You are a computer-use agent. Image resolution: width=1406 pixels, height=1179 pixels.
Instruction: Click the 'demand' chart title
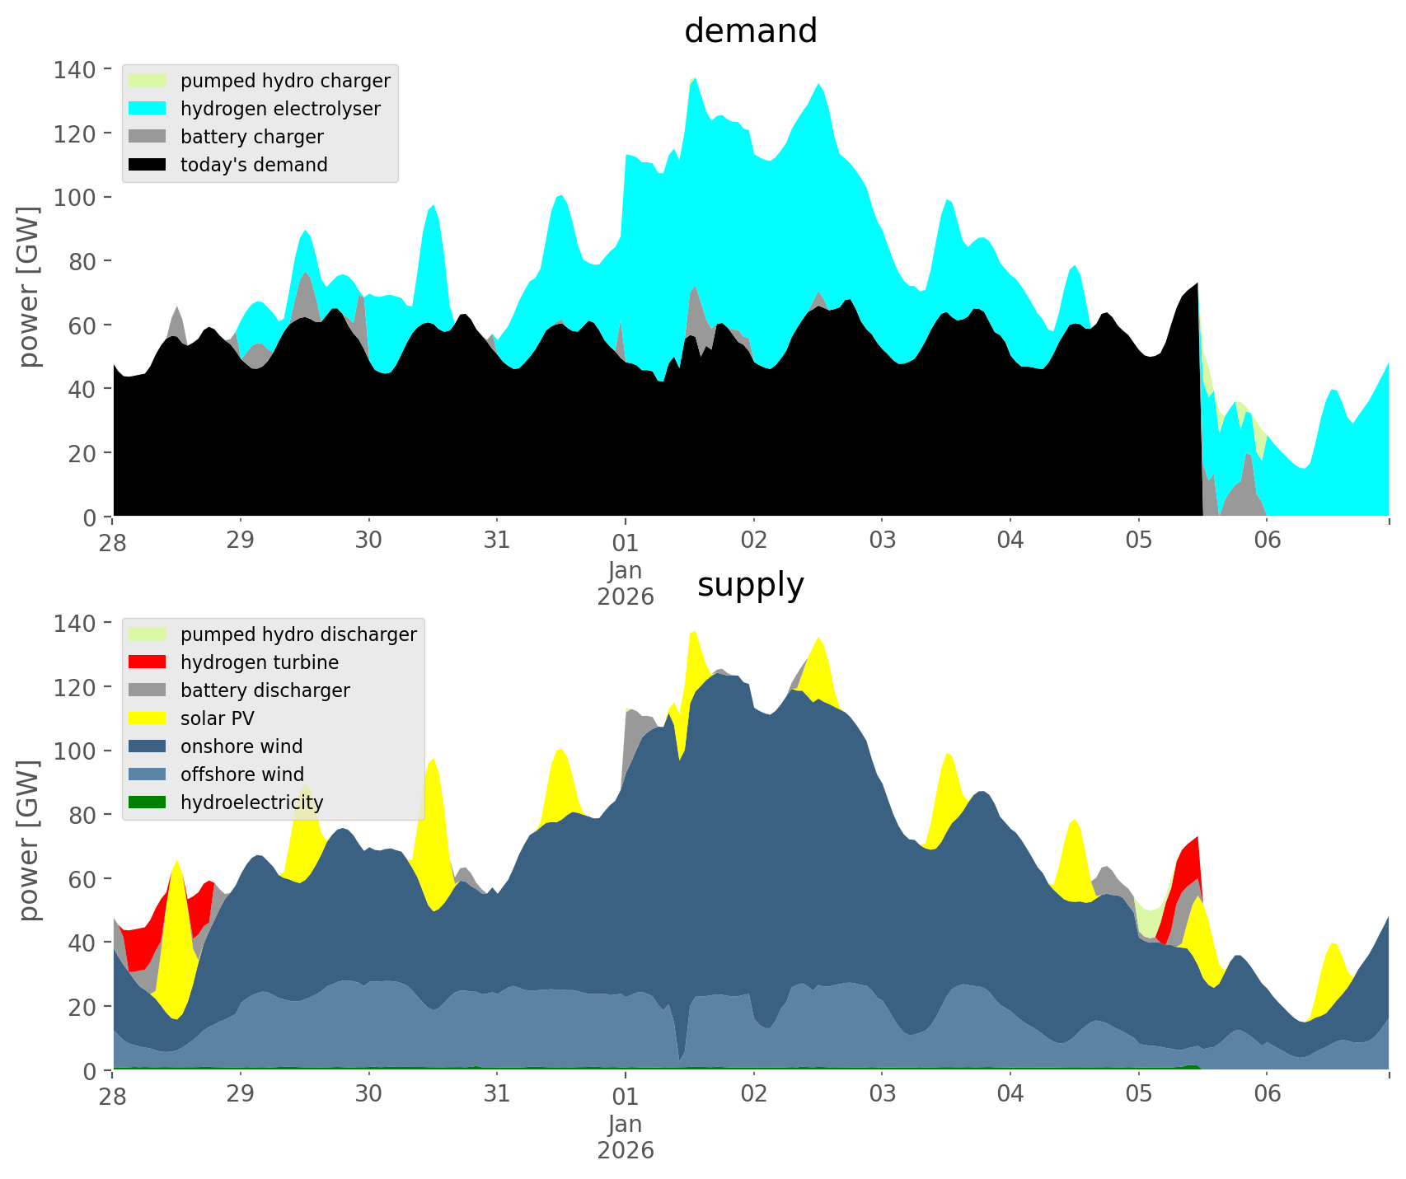pyautogui.click(x=750, y=31)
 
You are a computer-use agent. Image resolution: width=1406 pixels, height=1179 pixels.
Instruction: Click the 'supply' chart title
pyautogui.click(x=750, y=585)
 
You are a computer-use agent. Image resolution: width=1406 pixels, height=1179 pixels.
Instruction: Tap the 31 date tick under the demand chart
pyautogui.click(x=497, y=540)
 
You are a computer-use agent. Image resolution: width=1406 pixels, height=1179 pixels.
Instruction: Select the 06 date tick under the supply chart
pyautogui.click(x=1268, y=1094)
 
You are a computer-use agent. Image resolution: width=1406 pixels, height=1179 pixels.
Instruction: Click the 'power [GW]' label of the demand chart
pyautogui.click(x=29, y=287)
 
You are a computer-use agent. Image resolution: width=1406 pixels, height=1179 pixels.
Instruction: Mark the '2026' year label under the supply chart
pyautogui.click(x=626, y=1150)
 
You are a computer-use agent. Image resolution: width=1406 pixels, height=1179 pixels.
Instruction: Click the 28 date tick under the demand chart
pyautogui.click(x=113, y=540)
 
